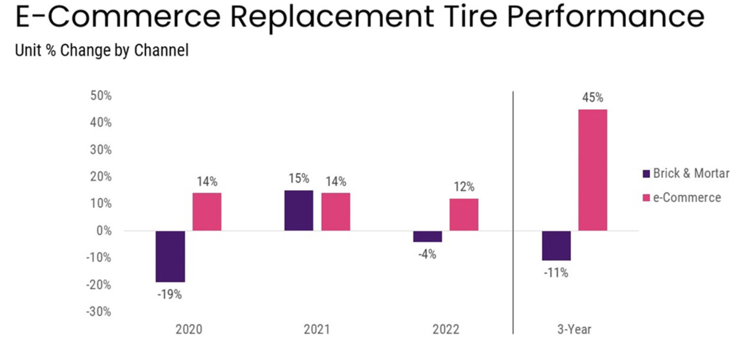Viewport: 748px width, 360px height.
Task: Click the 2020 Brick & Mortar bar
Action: [170, 256]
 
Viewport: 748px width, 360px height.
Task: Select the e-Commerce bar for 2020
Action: [207, 211]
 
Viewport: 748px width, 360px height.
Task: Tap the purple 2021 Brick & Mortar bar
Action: [299, 210]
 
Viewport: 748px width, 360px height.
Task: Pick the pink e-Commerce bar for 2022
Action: [464, 214]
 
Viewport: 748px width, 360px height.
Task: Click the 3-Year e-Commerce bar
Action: [592, 170]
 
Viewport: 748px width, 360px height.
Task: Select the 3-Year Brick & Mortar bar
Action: [556, 245]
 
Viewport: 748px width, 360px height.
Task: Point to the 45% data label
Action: [592, 98]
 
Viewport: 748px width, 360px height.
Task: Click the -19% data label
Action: [170, 295]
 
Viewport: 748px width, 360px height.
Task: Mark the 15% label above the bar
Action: [299, 179]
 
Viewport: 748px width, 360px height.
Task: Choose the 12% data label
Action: [464, 187]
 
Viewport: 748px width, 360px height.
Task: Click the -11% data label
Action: [557, 273]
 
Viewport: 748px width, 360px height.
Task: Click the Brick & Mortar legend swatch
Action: [647, 174]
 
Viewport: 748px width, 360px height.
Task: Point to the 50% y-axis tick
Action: [101, 96]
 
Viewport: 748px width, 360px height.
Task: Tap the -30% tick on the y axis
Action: [99, 312]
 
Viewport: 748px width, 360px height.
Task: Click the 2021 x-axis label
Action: [317, 330]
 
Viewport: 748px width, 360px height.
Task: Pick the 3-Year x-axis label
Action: [574, 330]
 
